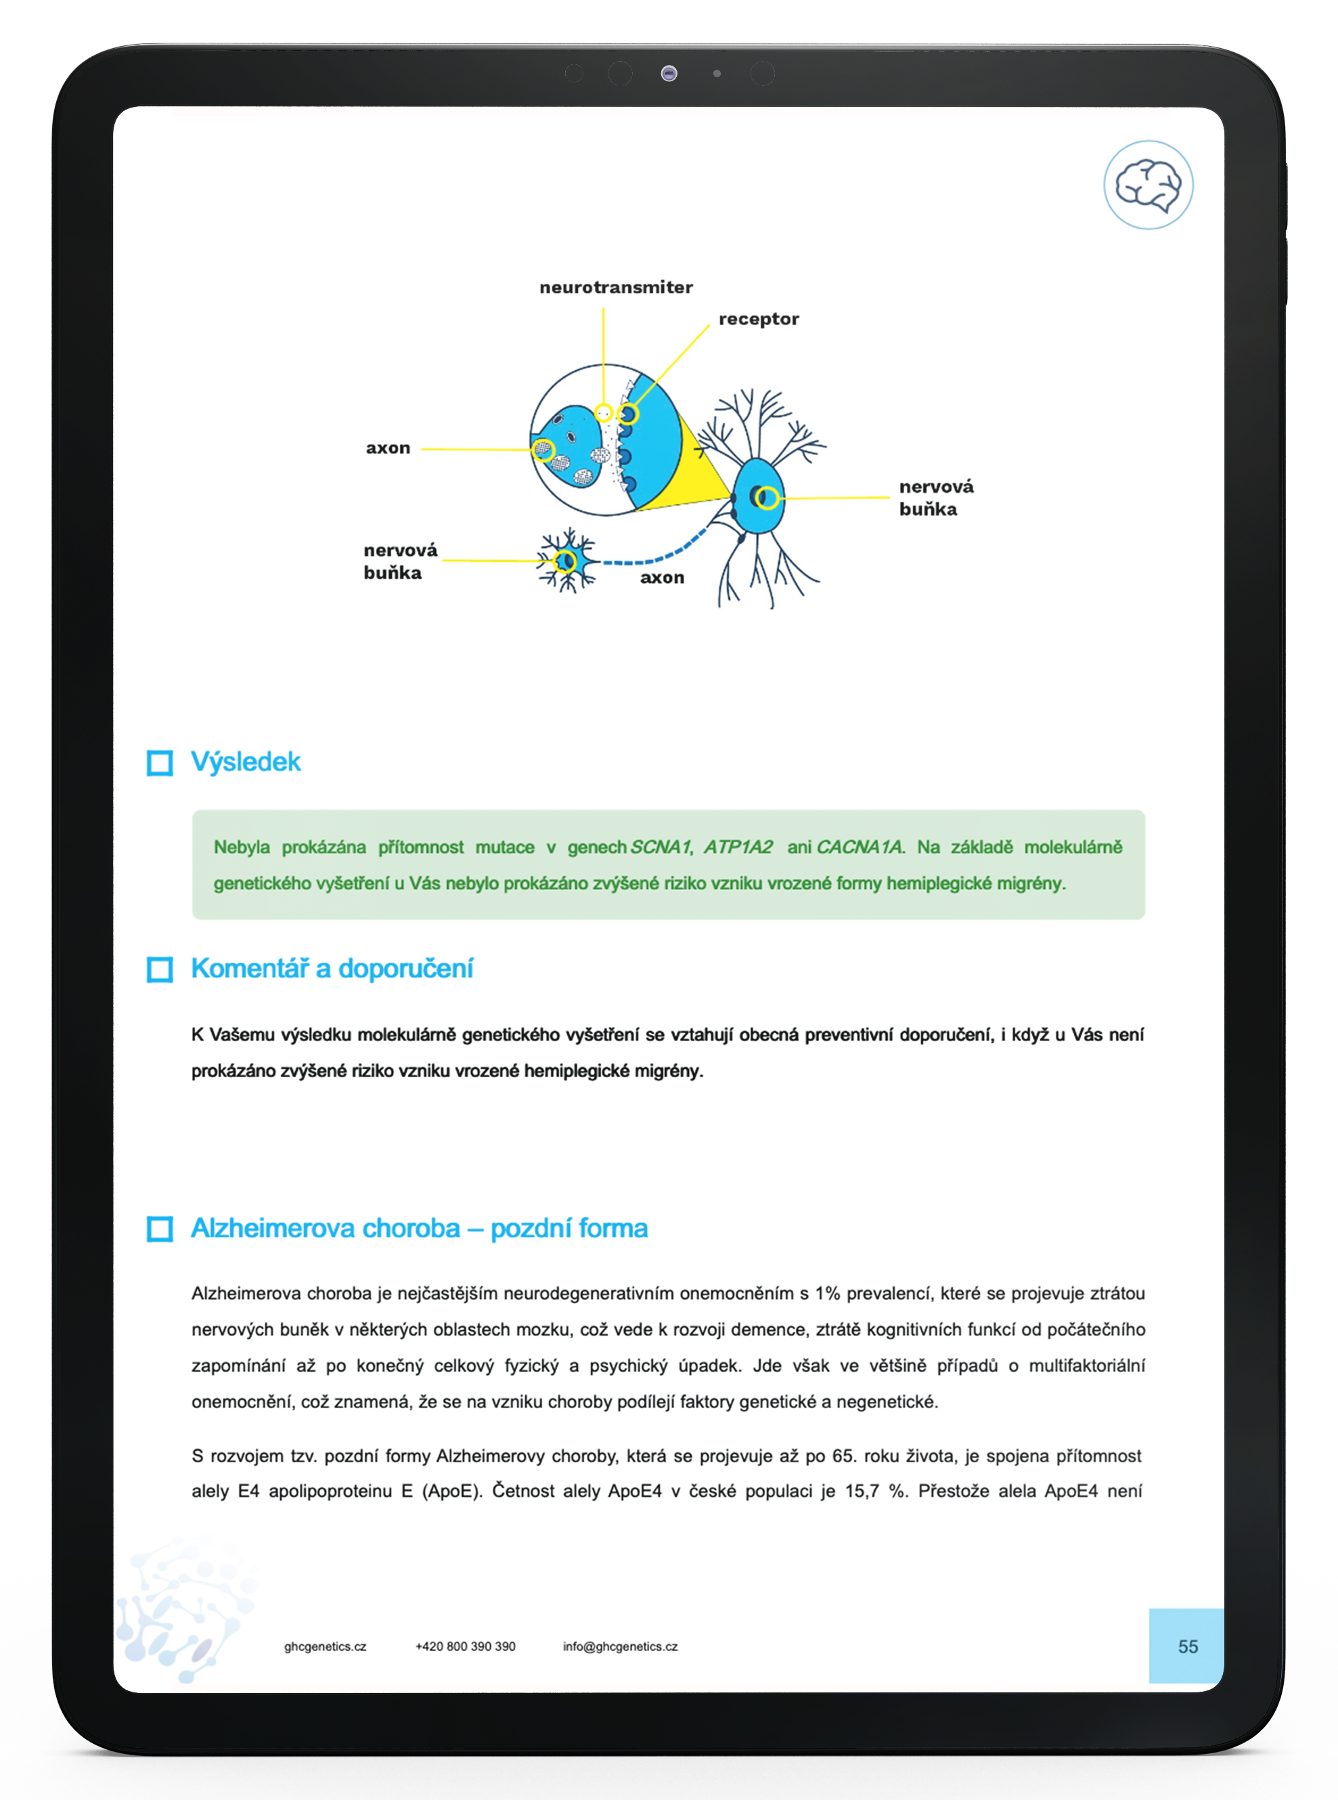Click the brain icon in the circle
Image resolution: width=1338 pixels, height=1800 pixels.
click(x=1148, y=185)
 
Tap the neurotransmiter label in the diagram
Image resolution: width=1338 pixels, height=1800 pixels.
click(x=616, y=288)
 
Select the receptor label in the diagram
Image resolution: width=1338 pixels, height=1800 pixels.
click(x=758, y=319)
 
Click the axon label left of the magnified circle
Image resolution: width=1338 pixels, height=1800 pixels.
click(x=388, y=448)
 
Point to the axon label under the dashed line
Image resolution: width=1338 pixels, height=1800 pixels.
click(x=662, y=577)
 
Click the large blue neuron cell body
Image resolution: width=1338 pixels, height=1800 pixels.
click(x=757, y=496)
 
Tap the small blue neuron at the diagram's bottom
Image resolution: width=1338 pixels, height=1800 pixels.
click(x=567, y=561)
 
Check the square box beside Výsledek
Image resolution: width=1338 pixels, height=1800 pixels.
click(x=160, y=762)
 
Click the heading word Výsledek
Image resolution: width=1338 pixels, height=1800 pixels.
click(x=246, y=762)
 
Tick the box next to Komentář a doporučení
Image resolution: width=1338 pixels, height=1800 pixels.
click(x=160, y=969)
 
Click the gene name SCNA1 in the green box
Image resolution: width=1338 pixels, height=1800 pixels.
click(x=660, y=848)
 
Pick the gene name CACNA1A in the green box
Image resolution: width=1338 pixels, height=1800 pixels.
click(x=859, y=848)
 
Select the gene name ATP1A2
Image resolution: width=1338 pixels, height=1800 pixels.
click(x=738, y=848)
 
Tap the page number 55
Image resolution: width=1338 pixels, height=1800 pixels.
click(x=1187, y=1646)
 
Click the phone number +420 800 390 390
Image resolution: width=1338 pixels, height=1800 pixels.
click(x=465, y=1646)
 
